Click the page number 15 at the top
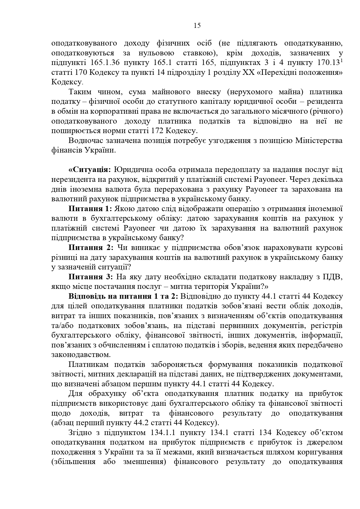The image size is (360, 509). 197,26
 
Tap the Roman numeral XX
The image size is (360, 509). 247,73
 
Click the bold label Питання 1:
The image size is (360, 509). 90,209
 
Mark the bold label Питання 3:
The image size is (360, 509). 90,277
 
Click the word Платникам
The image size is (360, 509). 88,365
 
